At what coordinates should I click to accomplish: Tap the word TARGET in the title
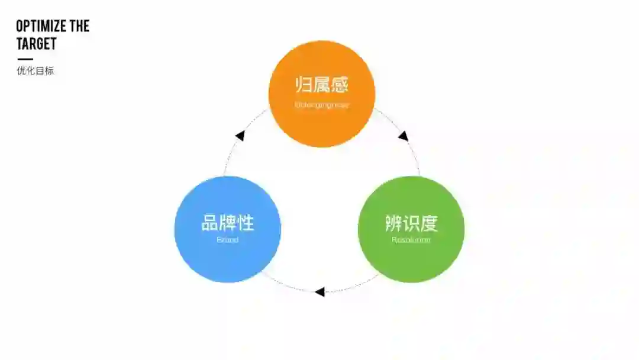pos(36,43)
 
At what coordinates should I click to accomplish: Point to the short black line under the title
pos(25,59)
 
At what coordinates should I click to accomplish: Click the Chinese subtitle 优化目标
pos(35,71)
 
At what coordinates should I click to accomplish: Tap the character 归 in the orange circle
pos(304,85)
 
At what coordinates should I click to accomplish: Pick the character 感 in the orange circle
pos(340,85)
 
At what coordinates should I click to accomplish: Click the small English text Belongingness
pos(322,105)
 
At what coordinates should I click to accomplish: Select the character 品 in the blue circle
pos(210,223)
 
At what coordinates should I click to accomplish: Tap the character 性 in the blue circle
pos(246,223)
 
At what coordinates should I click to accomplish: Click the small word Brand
pos(228,240)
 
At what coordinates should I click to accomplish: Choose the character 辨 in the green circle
pos(393,223)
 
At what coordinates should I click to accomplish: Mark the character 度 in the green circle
pos(429,223)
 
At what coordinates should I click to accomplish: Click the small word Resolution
pos(411,240)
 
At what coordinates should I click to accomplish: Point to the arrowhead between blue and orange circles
pos(240,136)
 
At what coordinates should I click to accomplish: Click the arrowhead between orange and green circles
pos(404,136)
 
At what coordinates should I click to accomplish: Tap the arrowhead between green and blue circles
pos(319,291)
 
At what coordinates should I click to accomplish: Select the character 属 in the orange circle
pos(322,85)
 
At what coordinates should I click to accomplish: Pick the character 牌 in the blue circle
pos(228,223)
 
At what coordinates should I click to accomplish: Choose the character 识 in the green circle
pos(411,223)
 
